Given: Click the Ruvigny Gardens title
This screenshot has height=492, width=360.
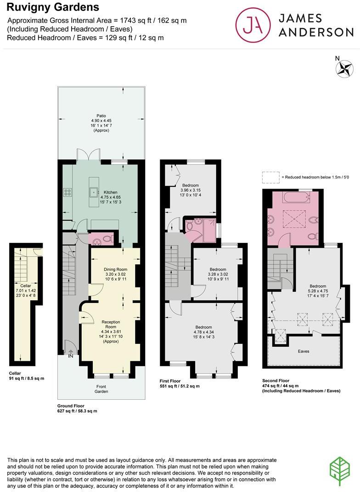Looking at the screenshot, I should coord(53,7).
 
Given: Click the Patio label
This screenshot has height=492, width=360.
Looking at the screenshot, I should coord(101,116).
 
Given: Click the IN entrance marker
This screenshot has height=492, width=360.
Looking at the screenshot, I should coord(70,355).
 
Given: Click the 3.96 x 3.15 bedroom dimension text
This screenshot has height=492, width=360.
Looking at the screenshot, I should coord(191,190).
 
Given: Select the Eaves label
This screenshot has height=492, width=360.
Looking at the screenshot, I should coord(303,351).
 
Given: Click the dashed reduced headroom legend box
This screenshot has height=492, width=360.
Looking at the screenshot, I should coord(270,177).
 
